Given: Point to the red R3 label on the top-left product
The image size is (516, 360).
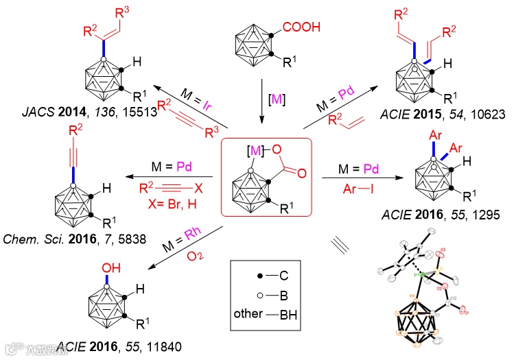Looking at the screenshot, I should (x=124, y=11).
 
